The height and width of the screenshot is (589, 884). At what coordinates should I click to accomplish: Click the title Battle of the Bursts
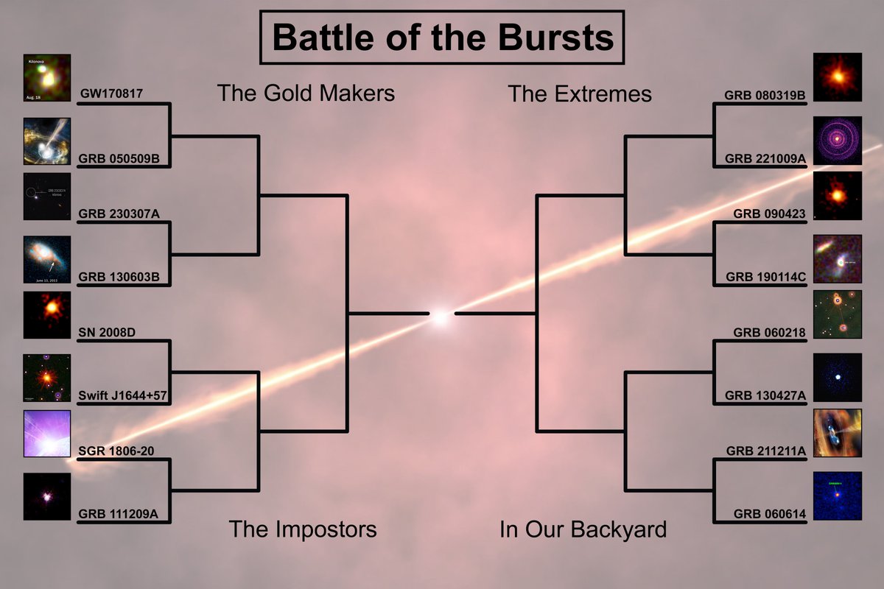[x=442, y=37]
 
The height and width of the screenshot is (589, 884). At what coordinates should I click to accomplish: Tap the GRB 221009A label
[x=765, y=158]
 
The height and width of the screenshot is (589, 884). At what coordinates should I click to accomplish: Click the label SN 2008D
[x=106, y=332]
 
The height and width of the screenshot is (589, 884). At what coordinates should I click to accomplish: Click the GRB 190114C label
[x=765, y=277]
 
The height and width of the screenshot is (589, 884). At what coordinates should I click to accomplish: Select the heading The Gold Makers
[x=306, y=94]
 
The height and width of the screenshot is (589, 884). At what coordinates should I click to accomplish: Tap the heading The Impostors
[x=302, y=529]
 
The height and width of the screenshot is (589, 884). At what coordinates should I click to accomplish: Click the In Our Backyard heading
[x=583, y=529]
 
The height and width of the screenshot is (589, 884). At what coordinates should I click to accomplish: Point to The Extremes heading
[x=580, y=94]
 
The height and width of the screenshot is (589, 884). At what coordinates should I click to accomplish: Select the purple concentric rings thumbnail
[x=838, y=140]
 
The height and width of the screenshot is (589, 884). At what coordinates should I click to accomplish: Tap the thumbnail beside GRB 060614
[x=838, y=495]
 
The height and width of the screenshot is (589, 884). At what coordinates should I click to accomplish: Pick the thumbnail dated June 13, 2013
[x=47, y=259]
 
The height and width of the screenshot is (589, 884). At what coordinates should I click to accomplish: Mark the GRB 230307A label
[x=119, y=214]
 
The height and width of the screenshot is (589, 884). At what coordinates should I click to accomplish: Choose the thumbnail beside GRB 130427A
[x=838, y=377]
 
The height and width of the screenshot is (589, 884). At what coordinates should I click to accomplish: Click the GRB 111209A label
[x=118, y=514]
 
